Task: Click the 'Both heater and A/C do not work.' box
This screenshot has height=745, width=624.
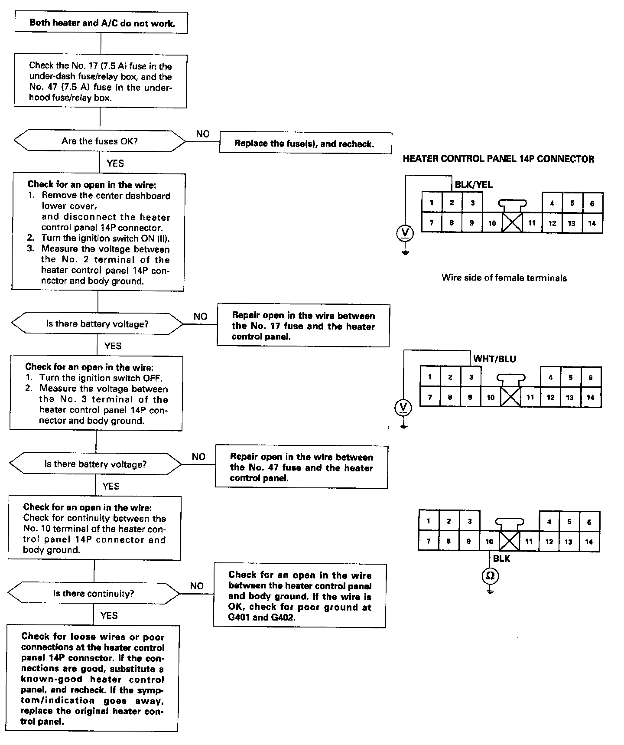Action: [101, 23]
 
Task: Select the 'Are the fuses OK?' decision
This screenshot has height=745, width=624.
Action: [99, 141]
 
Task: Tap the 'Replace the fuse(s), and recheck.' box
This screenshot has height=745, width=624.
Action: [305, 143]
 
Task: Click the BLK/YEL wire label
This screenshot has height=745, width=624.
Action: [474, 184]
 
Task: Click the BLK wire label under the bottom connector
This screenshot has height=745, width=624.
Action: [501, 559]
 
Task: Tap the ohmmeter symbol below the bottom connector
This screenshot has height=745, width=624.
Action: [490, 576]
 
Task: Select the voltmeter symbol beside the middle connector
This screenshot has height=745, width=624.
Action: [403, 408]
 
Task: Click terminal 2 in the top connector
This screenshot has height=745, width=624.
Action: [452, 203]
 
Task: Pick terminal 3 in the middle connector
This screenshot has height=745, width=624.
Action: [471, 377]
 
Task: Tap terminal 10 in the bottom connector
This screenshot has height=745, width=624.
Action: [489, 542]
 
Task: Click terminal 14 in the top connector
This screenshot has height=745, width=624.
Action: [592, 223]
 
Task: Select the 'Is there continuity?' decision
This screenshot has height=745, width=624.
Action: [94, 593]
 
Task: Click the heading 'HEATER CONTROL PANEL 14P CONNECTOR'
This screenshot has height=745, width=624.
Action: [498, 159]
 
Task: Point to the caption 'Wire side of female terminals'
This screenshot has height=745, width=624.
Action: [504, 278]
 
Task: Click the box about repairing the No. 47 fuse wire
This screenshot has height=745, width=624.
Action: [301, 467]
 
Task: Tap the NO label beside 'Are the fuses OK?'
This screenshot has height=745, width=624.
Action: [202, 134]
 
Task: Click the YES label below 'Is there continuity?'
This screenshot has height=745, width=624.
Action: [109, 615]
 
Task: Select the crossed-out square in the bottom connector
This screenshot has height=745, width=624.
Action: [510, 542]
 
